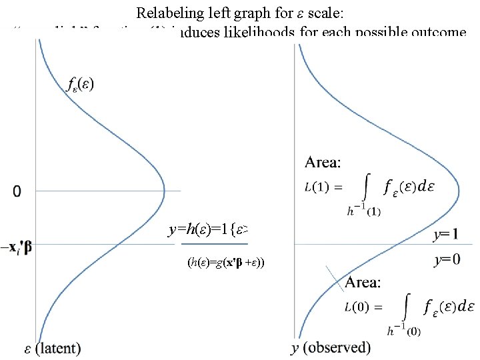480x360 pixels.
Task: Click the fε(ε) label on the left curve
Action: point(81,84)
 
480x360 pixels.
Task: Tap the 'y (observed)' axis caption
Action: point(331,347)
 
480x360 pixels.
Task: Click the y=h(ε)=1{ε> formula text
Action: point(209,230)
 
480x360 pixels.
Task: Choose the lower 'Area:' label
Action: point(363,283)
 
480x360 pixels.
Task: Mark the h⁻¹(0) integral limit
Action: point(403,330)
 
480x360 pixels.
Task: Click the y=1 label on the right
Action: point(445,235)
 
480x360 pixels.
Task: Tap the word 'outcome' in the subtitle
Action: point(437,32)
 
